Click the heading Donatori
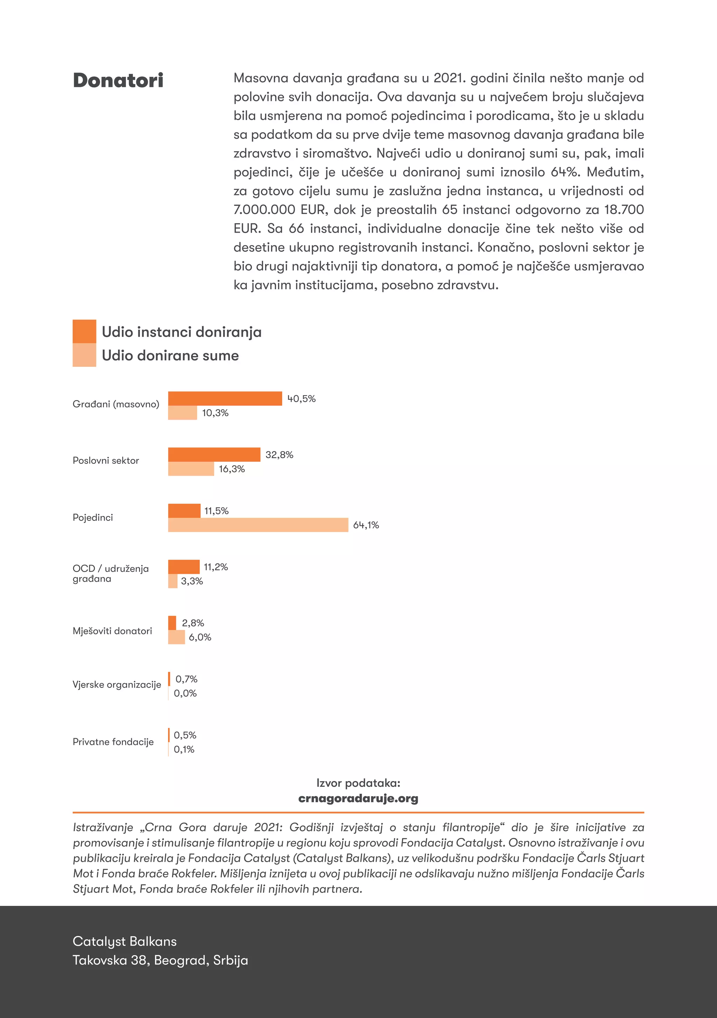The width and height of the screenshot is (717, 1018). pyautogui.click(x=118, y=81)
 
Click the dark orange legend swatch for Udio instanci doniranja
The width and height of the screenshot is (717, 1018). pyautogui.click(x=84, y=331)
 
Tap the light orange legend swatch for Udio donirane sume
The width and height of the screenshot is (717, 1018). pyautogui.click(x=84, y=355)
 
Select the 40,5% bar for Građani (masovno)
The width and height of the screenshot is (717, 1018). pyautogui.click(x=225, y=399)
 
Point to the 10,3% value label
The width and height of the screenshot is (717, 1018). pyautogui.click(x=215, y=413)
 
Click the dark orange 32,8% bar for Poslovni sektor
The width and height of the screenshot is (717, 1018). pyautogui.click(x=214, y=454)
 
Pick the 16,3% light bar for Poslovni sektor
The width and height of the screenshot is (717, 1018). pyautogui.click(x=191, y=469)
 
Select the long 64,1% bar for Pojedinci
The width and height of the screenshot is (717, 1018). pyautogui.click(x=258, y=525)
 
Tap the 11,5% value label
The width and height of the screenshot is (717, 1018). pyautogui.click(x=216, y=511)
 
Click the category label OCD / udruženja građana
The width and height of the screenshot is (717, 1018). pyautogui.click(x=111, y=573)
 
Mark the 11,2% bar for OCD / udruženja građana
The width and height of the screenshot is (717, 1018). pyautogui.click(x=184, y=567)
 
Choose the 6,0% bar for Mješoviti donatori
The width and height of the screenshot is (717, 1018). pyautogui.click(x=176, y=637)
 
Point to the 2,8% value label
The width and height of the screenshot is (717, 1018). pyautogui.click(x=193, y=623)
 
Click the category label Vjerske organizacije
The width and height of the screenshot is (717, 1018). pyautogui.click(x=117, y=685)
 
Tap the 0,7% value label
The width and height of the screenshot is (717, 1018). pyautogui.click(x=186, y=679)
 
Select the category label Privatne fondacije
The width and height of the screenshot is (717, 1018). pyautogui.click(x=113, y=742)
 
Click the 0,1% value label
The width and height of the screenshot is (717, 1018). pyautogui.click(x=184, y=749)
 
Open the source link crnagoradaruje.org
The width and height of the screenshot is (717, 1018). pyautogui.click(x=358, y=798)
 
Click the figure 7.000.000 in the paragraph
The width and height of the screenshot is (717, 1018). pyautogui.click(x=264, y=210)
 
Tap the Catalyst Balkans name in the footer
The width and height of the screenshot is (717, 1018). pyautogui.click(x=125, y=941)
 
